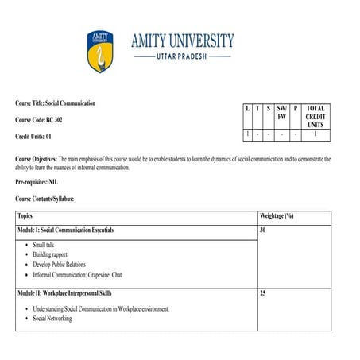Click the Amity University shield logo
click(x=101, y=52)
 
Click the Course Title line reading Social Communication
click(x=55, y=103)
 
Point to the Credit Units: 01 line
click(x=38, y=136)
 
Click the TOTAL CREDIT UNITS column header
click(x=315, y=116)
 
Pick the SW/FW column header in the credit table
click(x=281, y=112)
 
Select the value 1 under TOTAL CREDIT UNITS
click(x=315, y=134)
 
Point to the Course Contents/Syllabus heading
click(x=50, y=198)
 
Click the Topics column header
click(x=25, y=215)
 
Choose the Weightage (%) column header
click(x=277, y=215)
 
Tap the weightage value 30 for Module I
click(x=263, y=230)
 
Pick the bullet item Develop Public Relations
click(x=59, y=264)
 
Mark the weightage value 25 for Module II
click(x=263, y=293)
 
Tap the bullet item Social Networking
click(x=52, y=319)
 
